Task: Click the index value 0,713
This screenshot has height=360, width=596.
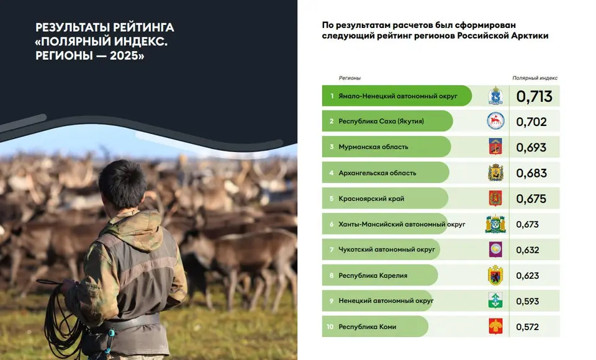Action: pos(534,97)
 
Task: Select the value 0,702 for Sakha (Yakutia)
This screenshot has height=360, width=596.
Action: pos(531,122)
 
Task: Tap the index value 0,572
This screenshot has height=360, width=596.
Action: pos(527,327)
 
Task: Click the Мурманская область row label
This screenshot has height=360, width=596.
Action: pos(373,147)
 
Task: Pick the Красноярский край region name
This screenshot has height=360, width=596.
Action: pos(371,199)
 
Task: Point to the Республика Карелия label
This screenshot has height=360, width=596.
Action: pos(373,276)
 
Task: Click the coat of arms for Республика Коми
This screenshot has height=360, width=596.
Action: pos(495,326)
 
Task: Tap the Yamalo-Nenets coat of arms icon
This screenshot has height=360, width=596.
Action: pos(495,96)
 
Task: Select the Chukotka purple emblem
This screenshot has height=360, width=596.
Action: pos(495,250)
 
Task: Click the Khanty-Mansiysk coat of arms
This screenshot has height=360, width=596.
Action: pos(495,224)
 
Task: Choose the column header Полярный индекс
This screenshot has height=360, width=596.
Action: pos(535,78)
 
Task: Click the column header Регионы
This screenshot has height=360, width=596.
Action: pos(350,78)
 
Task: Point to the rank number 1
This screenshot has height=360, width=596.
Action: pos(332,96)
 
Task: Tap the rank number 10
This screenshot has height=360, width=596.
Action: pos(330,326)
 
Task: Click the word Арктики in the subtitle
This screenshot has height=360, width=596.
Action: pos(530,36)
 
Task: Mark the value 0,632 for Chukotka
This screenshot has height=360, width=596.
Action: pos(528,250)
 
